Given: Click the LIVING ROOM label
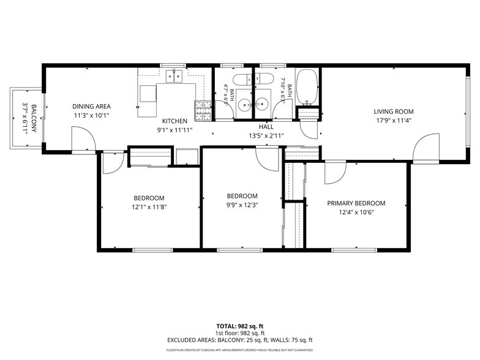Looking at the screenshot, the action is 393,111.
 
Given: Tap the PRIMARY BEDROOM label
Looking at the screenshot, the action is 356,203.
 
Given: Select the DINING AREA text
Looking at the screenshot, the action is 91,107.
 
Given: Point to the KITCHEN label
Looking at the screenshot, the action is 174,121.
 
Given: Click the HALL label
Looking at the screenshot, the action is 266,127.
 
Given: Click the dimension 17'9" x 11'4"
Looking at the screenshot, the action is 393,120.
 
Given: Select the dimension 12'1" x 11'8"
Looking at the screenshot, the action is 149,207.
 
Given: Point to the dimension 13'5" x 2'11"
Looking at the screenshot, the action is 266,136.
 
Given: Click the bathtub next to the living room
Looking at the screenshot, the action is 307,87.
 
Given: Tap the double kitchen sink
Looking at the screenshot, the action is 174,76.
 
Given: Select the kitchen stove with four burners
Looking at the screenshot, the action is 203,110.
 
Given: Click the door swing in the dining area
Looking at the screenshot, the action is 83,138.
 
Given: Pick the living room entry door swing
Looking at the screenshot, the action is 426,147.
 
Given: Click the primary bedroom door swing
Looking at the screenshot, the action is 336,173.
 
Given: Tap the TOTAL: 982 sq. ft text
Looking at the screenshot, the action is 240,326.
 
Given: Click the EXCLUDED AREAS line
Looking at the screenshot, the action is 240,340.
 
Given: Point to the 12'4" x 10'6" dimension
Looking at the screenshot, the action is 356,212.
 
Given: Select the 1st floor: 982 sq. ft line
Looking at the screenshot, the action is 240,333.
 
